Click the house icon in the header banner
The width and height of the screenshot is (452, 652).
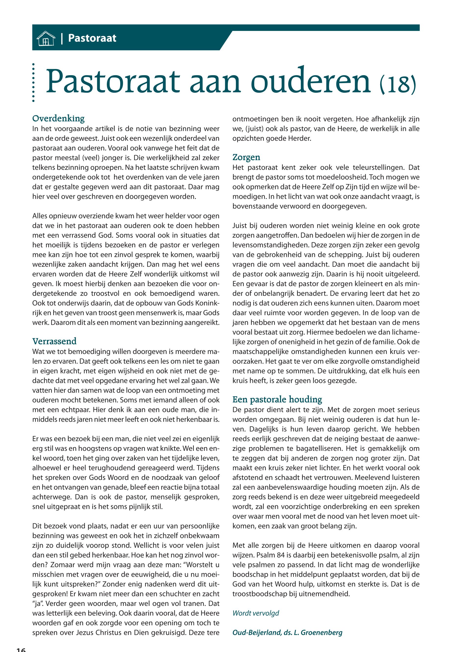(x=46, y=38)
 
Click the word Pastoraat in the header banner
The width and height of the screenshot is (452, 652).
(x=92, y=38)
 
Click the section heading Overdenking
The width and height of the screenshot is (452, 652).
(x=58, y=118)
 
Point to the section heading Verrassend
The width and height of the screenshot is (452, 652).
(x=54, y=341)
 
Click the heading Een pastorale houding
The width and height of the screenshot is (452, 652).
(x=277, y=400)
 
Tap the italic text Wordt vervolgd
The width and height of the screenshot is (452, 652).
(x=256, y=613)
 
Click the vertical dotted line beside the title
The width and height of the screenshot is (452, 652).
(x=33, y=82)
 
